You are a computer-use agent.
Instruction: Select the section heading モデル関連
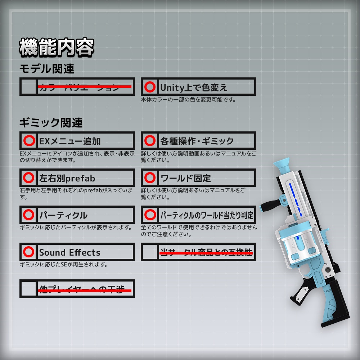point(46,68)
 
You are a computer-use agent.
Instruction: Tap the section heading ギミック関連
point(51,123)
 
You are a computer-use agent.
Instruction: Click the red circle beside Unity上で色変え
point(150,87)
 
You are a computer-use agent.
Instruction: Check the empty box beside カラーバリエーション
point(28,87)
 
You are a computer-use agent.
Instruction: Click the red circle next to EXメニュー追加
point(28,141)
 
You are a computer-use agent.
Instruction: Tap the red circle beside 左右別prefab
point(28,178)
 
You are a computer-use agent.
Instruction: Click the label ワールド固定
point(185,178)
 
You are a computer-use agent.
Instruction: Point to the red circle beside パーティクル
point(28,215)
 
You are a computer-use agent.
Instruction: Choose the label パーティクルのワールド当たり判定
point(207,215)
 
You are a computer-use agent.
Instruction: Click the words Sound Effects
point(70,252)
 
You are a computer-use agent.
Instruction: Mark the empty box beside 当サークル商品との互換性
point(150,252)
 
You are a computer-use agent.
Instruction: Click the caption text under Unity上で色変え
point(188,100)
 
